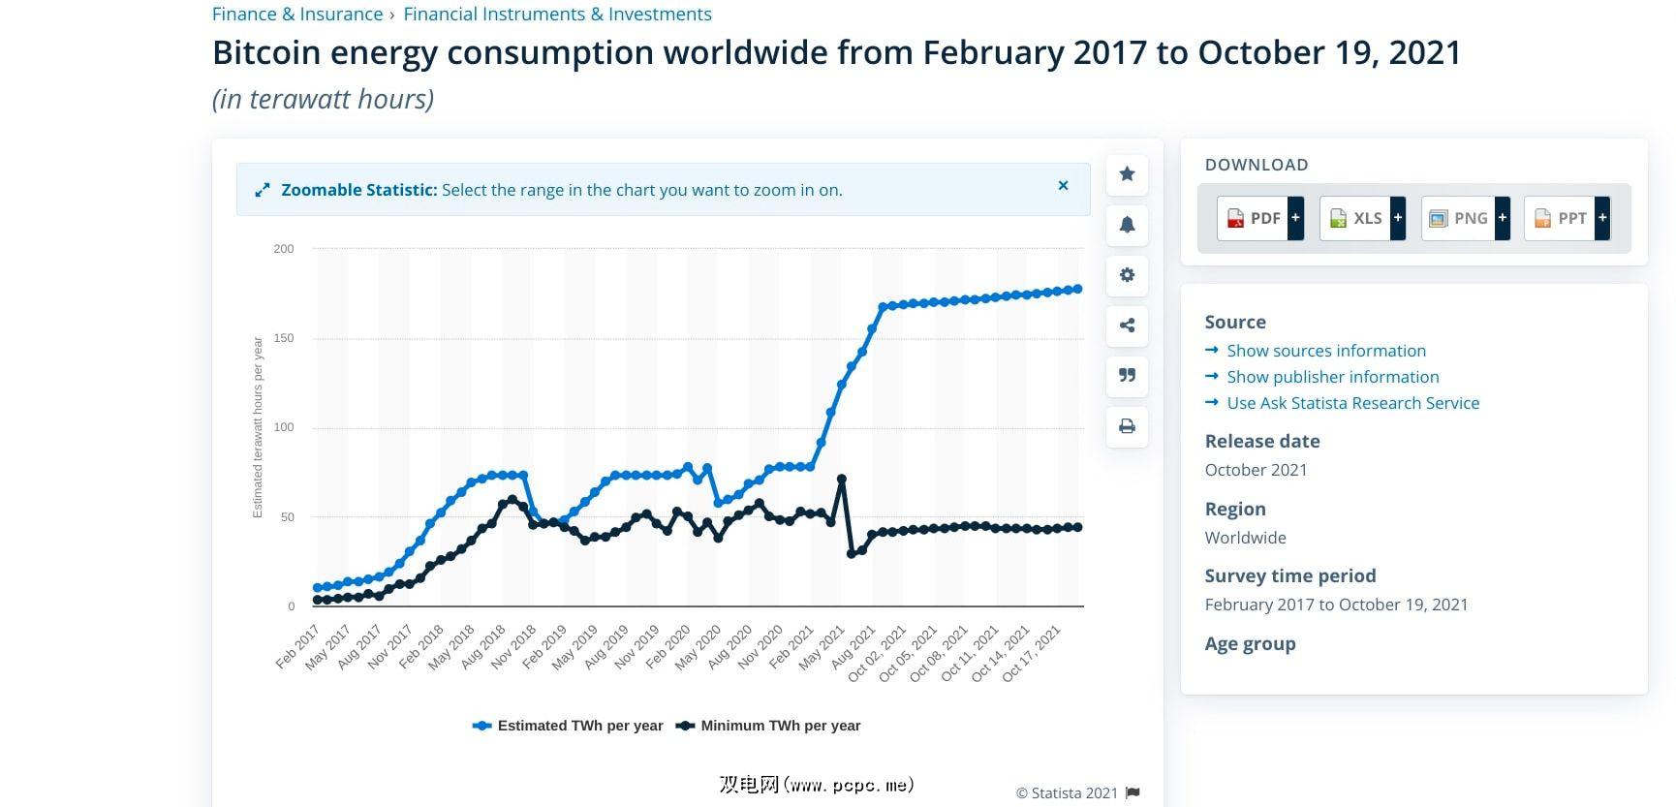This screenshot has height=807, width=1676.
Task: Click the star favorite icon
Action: pyautogui.click(x=1127, y=174)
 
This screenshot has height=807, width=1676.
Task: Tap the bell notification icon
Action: pyautogui.click(x=1127, y=225)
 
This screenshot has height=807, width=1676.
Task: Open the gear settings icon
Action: pyautogui.click(x=1127, y=275)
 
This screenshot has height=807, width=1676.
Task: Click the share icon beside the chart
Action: pyautogui.click(x=1127, y=326)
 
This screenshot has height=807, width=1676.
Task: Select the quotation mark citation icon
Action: pyautogui.click(x=1127, y=376)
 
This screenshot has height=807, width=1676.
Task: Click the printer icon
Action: pyautogui.click(x=1127, y=426)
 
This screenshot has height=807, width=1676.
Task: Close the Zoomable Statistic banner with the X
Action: pyautogui.click(x=1063, y=186)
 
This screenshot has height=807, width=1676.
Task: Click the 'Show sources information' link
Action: pyautogui.click(x=1325, y=351)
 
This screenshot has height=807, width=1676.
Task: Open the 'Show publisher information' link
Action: pyautogui.click(x=1332, y=377)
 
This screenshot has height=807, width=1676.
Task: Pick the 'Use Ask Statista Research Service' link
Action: pyautogui.click(x=1352, y=403)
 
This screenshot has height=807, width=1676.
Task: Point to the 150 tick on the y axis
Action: pyautogui.click(x=284, y=338)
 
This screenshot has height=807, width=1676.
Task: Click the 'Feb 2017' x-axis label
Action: pyautogui.click(x=296, y=647)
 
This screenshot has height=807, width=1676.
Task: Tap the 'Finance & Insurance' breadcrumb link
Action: pyautogui.click(x=297, y=15)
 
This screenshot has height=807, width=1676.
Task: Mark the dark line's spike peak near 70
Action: pyautogui.click(x=842, y=480)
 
